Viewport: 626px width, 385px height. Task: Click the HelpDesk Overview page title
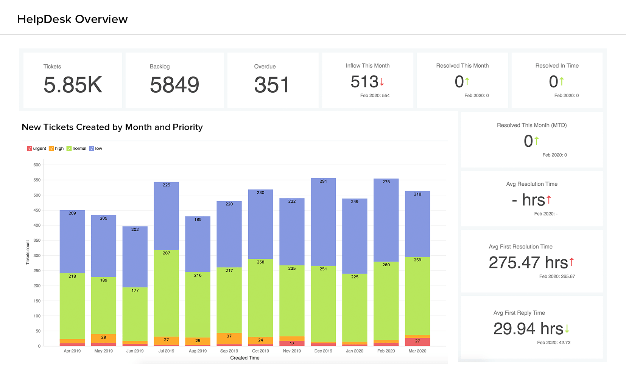point(72,19)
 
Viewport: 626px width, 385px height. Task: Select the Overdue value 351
point(271,85)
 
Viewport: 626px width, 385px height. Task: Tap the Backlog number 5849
point(174,85)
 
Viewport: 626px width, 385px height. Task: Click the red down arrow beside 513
point(382,82)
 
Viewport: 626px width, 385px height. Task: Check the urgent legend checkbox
point(30,149)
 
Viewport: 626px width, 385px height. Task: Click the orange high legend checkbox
point(51,149)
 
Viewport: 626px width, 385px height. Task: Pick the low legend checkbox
point(92,149)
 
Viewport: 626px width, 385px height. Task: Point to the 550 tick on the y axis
point(37,180)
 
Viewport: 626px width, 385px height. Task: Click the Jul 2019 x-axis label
point(166,351)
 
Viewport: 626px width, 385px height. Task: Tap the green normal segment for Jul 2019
point(166,293)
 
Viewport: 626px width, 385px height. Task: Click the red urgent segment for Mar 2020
point(417,342)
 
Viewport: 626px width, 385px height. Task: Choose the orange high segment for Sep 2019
point(229,338)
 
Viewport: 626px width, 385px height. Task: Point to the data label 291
point(323,181)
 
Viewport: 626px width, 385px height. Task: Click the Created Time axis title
point(245,358)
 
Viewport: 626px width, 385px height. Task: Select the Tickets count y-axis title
point(28,252)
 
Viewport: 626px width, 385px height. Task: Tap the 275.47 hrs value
point(528,262)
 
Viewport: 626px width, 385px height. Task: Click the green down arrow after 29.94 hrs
point(567,329)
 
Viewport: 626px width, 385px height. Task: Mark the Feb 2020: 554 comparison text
point(375,96)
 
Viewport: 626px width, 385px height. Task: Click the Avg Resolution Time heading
point(532,184)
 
